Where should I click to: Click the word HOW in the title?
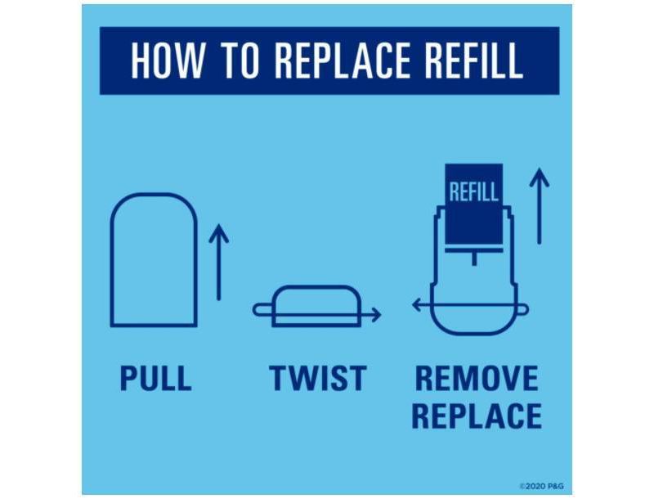click(x=168, y=60)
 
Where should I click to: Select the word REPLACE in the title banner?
click(x=343, y=60)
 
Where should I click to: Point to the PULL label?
click(x=155, y=378)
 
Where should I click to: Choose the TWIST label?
click(x=318, y=378)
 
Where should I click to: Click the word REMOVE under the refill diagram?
click(x=477, y=378)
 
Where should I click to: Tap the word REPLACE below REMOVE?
click(x=477, y=416)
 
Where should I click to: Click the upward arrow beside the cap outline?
click(x=218, y=262)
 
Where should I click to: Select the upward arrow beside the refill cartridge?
click(x=540, y=205)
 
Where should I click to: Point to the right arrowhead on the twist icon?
click(x=376, y=315)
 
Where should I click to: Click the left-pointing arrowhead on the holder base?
click(x=417, y=305)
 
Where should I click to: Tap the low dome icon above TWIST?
click(x=317, y=287)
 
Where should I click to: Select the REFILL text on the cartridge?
click(x=474, y=192)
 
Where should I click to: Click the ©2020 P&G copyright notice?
click(x=542, y=486)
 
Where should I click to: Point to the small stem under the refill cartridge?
click(x=474, y=258)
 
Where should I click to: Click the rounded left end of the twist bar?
click(x=255, y=310)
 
